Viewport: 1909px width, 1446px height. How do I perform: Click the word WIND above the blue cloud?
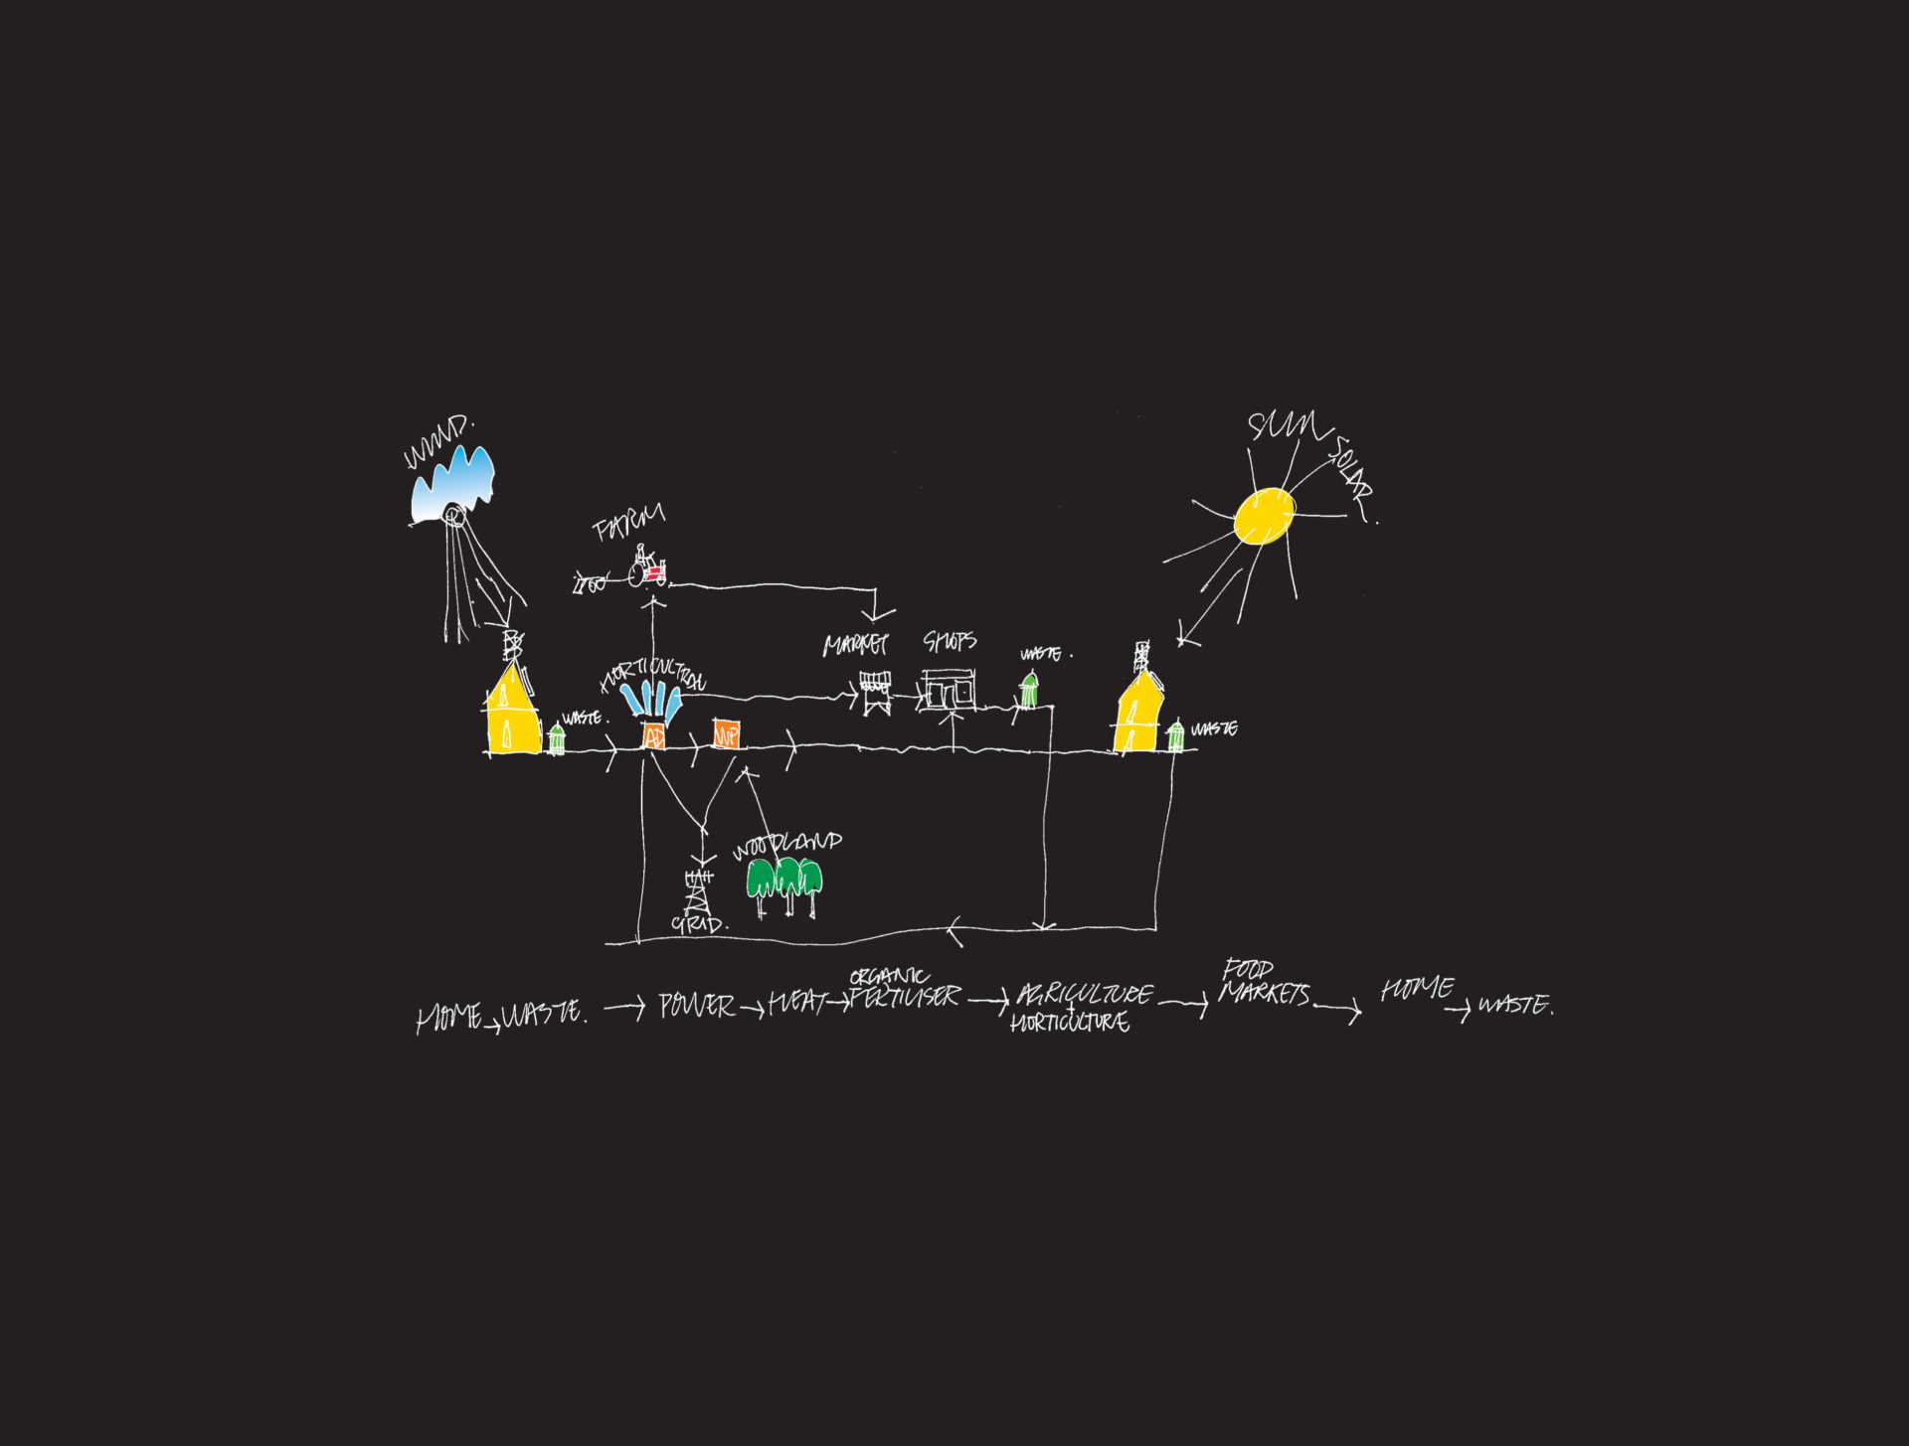tap(438, 443)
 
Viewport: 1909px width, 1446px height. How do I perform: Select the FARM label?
tap(628, 524)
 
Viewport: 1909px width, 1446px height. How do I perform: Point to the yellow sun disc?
tap(1265, 516)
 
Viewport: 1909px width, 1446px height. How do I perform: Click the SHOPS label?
tap(950, 641)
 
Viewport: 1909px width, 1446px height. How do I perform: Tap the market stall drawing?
tap(875, 692)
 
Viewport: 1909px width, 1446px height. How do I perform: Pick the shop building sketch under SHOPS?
tap(949, 689)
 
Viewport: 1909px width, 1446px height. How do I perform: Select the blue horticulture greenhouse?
tap(651, 700)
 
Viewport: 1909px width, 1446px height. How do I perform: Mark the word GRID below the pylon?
tap(699, 923)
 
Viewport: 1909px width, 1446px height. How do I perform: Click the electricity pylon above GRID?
tap(698, 890)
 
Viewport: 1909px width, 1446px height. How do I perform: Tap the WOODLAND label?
tap(786, 846)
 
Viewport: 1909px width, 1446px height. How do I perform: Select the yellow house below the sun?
tap(1139, 713)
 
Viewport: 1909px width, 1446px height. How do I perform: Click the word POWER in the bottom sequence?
tap(697, 1006)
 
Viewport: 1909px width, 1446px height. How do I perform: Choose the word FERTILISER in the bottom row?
tap(905, 997)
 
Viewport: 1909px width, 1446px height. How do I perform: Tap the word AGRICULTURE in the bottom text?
tap(1085, 995)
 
